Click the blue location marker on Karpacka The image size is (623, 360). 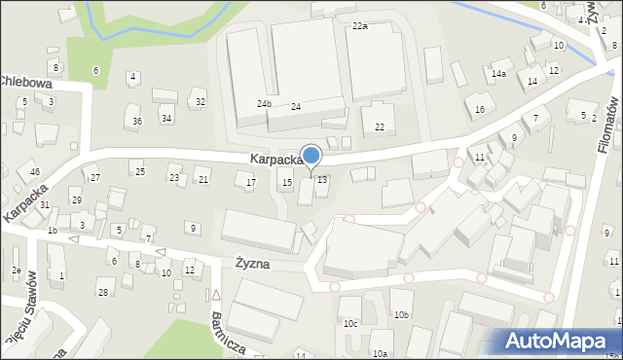[x=311, y=156]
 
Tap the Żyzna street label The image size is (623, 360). [x=251, y=264]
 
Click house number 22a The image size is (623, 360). [x=360, y=25]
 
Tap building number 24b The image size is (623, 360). [x=264, y=103]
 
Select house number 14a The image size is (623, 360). [x=499, y=74]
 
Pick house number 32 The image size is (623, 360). [x=201, y=101]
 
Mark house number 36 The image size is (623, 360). [x=137, y=121]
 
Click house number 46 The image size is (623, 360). [x=35, y=172]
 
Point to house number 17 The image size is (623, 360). [x=251, y=183]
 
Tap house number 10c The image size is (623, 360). [x=349, y=323]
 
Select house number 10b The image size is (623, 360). [x=401, y=315]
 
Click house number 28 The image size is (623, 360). [x=102, y=292]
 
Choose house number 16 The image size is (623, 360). [x=480, y=110]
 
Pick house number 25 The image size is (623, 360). [x=140, y=172]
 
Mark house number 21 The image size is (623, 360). [x=203, y=180]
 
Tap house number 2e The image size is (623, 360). [x=17, y=270]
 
